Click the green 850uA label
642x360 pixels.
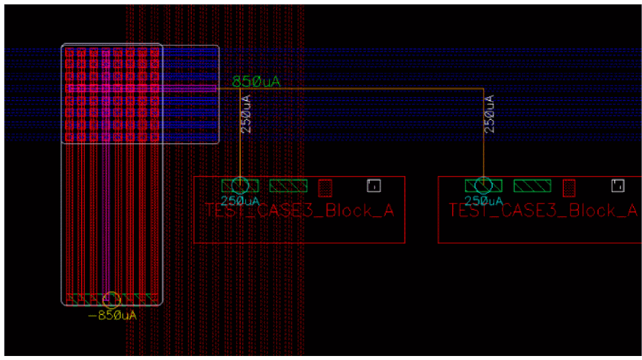point(255,82)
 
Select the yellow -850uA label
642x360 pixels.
point(112,315)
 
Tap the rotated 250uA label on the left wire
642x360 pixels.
point(246,114)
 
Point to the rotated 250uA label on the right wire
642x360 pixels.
point(490,114)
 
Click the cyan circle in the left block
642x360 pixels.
point(239,186)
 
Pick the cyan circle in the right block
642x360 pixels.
point(482,186)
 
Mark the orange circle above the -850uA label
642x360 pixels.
point(112,299)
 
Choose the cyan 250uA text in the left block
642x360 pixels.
point(240,201)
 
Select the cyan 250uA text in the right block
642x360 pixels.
point(484,201)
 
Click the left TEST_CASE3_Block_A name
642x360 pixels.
point(299,211)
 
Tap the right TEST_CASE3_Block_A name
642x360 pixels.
point(542,211)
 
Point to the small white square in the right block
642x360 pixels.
point(617,185)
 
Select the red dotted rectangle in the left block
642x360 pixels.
point(326,187)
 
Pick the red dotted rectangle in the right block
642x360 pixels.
point(570,187)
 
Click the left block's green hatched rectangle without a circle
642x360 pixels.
point(288,185)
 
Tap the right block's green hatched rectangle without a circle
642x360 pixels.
point(532,185)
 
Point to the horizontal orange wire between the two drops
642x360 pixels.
point(361,88)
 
